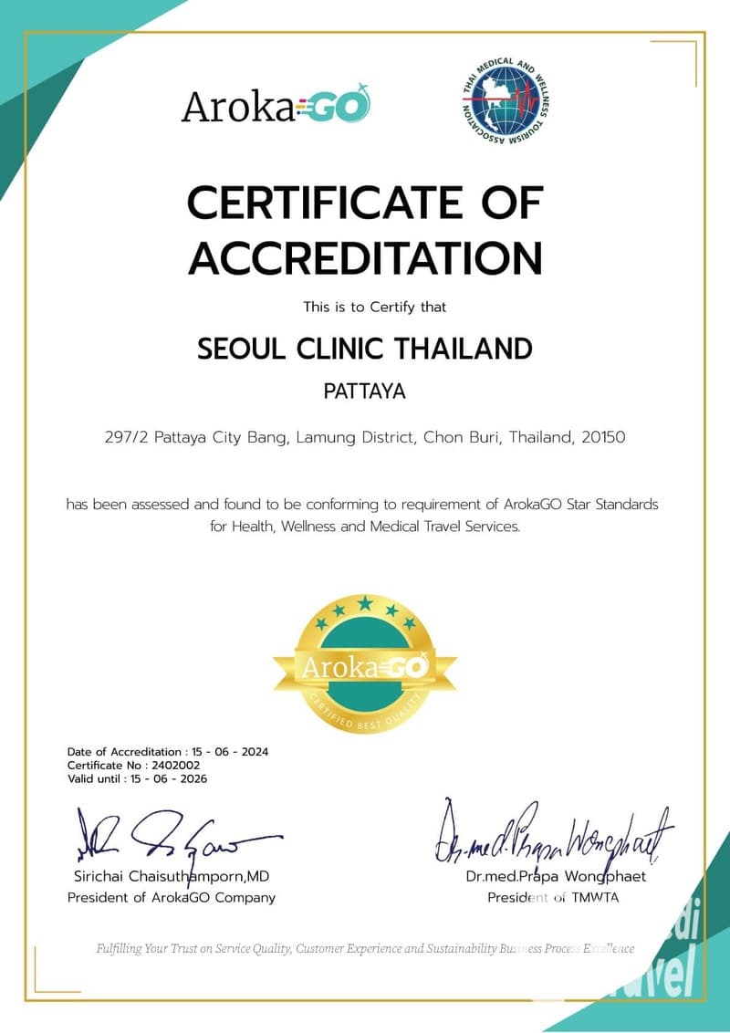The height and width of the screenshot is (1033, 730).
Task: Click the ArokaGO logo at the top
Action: (276, 106)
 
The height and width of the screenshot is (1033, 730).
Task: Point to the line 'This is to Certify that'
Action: (375, 308)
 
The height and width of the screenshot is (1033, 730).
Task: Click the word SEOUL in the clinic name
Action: (239, 348)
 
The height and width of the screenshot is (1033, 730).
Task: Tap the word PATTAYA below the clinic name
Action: (365, 391)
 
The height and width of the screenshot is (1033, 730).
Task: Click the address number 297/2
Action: (127, 437)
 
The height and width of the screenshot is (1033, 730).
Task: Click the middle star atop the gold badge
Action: (365, 601)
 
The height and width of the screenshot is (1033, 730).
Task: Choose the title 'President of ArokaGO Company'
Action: (171, 897)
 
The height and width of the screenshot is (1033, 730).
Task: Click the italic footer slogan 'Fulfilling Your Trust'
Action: (365, 948)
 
